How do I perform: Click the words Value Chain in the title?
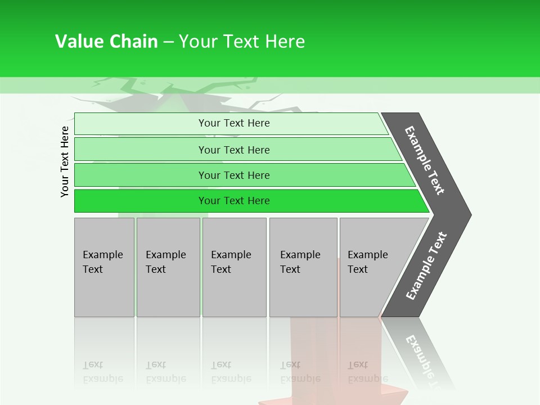tap(106, 42)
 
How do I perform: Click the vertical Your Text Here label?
tap(65, 161)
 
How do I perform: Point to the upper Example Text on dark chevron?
tap(425, 160)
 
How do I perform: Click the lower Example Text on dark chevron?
tap(426, 265)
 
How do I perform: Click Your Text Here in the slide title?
tap(242, 42)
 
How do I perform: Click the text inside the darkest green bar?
tap(234, 201)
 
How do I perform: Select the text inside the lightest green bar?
tap(234, 123)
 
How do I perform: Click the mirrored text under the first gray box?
tap(102, 372)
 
